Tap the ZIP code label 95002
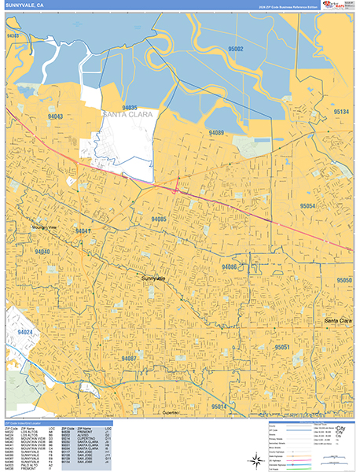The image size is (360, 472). (236, 49)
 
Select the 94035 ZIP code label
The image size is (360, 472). (130, 108)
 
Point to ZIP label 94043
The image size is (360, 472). (55, 116)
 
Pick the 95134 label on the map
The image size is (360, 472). (340, 112)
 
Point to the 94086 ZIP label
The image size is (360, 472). (230, 267)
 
